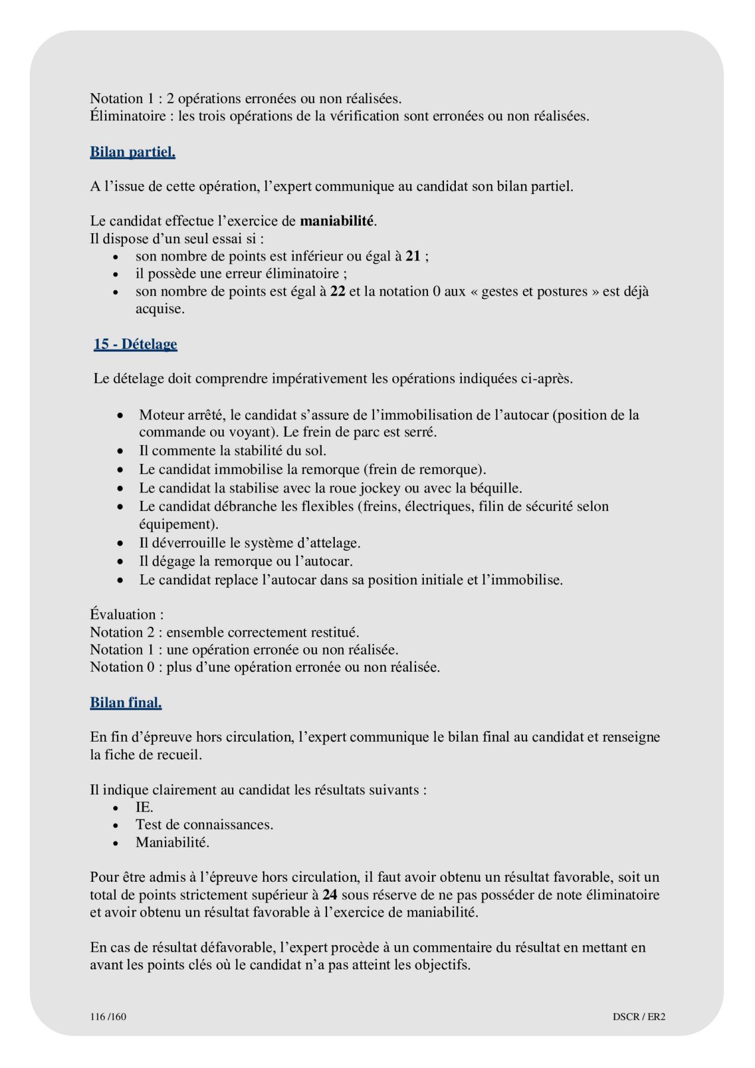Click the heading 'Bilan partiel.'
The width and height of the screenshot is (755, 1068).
[132, 152]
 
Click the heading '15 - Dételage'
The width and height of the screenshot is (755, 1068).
[135, 344]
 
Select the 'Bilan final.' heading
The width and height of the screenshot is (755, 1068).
[126, 703]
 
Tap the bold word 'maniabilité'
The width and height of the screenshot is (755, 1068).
[337, 221]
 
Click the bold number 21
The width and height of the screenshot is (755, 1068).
[413, 256]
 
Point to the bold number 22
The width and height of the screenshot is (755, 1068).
[338, 291]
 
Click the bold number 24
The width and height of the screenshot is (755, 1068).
[330, 895]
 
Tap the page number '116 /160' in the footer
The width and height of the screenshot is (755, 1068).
[108, 1016]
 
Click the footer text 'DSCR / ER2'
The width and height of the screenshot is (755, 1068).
[639, 1016]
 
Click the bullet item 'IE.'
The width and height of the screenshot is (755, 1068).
[144, 808]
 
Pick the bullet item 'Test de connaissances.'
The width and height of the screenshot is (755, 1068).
[204, 825]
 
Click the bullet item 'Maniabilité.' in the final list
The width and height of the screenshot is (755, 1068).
[172, 843]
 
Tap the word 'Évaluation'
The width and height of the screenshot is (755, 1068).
[123, 615]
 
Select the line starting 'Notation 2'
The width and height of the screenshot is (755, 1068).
[224, 632]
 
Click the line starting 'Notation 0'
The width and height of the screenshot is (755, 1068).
[265, 667]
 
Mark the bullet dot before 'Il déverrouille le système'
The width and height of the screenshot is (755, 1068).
[120, 543]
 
